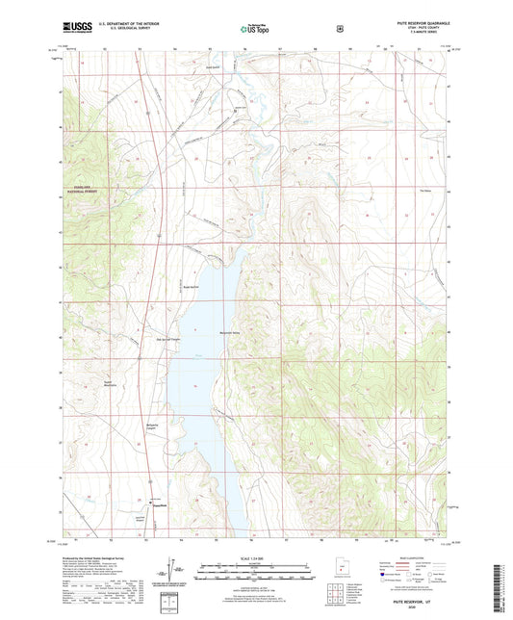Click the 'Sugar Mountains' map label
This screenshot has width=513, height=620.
[x=111, y=382]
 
